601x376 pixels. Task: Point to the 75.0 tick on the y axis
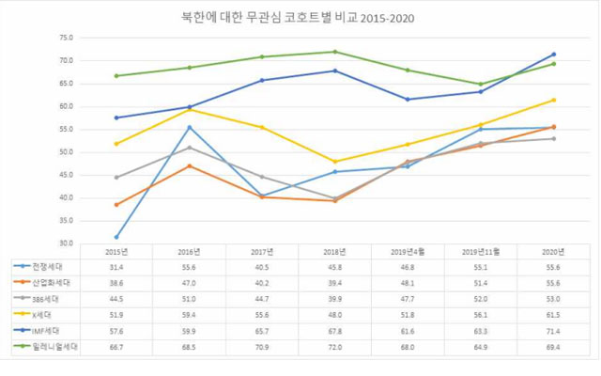coord(66,38)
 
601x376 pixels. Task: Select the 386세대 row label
coord(48,299)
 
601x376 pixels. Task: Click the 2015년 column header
coord(116,252)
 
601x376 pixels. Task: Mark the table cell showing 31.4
coord(116,268)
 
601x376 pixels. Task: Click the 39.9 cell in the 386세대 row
coord(334,299)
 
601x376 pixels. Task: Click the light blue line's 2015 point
coord(116,237)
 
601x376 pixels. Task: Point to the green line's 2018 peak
coord(334,52)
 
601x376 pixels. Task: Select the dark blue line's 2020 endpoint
coord(553,55)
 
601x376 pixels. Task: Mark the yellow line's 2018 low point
coord(334,162)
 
